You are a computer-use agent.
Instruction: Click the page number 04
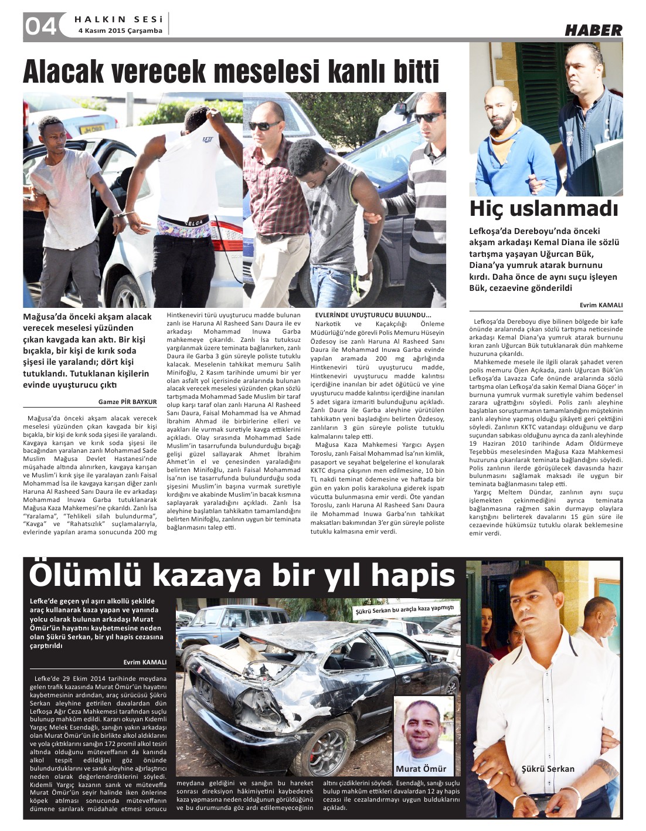click(40, 26)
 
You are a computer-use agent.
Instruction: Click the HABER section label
click(593, 30)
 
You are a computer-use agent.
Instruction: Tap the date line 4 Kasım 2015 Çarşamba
click(120, 31)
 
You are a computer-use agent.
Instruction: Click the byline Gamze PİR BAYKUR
click(127, 402)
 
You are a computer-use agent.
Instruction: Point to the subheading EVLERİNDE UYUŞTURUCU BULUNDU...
click(373, 314)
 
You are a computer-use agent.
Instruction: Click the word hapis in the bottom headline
click(413, 575)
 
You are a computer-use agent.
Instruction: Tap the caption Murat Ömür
click(421, 768)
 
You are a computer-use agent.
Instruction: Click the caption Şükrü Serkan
click(548, 769)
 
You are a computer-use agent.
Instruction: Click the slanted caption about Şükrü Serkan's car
click(404, 610)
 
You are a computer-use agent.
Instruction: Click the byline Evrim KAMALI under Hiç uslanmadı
click(601, 306)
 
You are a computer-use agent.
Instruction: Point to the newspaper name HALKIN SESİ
click(118, 19)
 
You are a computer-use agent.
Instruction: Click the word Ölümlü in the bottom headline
click(87, 575)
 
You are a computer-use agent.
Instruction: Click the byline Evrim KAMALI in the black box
click(145, 662)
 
